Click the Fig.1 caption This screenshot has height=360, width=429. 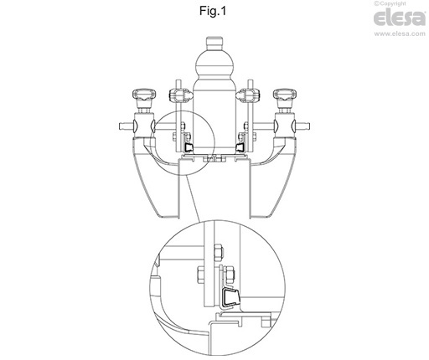213,11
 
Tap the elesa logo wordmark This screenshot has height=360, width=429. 400,18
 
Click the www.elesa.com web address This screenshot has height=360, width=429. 400,33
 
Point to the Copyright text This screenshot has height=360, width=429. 390,3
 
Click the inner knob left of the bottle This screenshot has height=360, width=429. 181,95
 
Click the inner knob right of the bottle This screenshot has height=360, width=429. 248,95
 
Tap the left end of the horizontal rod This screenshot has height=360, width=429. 120,126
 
